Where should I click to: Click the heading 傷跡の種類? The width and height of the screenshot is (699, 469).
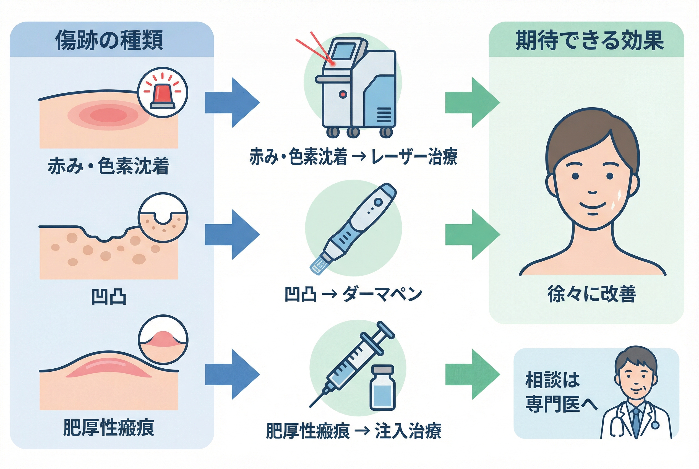click(109, 40)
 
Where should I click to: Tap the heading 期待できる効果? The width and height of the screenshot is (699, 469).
click(590, 40)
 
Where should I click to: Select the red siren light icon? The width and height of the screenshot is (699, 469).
click(162, 92)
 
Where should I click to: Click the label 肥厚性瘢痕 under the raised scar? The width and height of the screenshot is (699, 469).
click(109, 428)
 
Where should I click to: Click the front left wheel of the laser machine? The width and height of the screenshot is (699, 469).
click(333, 132)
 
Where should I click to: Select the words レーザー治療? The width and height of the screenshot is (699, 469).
click(414, 157)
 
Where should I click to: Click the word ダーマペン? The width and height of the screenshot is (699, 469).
click(382, 294)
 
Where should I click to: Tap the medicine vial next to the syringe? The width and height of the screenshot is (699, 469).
click(382, 388)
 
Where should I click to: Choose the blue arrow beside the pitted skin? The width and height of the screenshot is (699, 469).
click(232, 234)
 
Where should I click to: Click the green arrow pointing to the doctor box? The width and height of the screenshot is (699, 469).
click(472, 374)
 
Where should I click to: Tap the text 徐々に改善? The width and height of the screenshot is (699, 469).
click(592, 294)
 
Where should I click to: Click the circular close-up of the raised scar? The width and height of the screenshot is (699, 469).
click(163, 340)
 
